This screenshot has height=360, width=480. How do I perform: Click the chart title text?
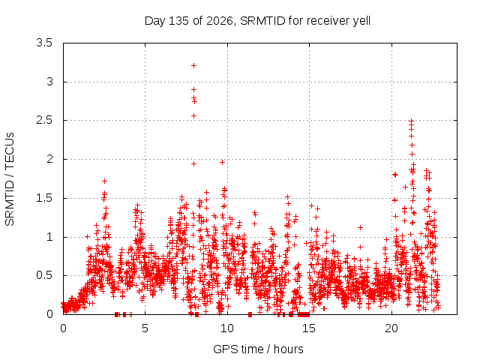click(x=257, y=21)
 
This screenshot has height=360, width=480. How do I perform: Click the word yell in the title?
click(x=361, y=21)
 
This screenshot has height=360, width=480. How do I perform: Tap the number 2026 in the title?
click(x=220, y=21)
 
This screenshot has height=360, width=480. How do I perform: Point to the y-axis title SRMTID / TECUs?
click(x=10, y=179)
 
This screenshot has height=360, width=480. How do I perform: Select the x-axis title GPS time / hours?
click(x=258, y=349)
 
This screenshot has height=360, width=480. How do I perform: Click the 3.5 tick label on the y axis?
click(x=44, y=43)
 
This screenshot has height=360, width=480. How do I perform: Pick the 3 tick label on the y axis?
click(x=49, y=82)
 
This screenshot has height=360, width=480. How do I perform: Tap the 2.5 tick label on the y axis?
click(x=44, y=120)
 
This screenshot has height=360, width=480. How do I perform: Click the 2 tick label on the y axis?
click(x=49, y=159)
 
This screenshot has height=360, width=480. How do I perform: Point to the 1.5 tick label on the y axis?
click(x=44, y=198)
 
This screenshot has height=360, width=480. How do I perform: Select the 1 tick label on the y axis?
click(x=49, y=237)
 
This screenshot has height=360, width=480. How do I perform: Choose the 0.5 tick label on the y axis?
click(x=44, y=275)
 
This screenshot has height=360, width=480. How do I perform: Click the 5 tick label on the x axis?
click(x=145, y=328)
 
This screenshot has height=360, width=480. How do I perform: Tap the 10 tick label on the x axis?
click(x=226, y=328)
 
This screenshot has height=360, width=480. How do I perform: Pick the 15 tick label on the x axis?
click(x=309, y=328)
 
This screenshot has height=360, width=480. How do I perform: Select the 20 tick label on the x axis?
click(x=391, y=328)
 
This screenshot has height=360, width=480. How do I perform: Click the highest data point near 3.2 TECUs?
click(x=193, y=65)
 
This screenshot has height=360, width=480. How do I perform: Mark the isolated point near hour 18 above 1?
click(x=360, y=227)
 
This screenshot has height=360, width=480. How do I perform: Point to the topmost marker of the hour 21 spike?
click(x=412, y=121)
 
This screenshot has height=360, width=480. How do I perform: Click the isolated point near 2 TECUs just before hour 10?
click(x=223, y=162)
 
